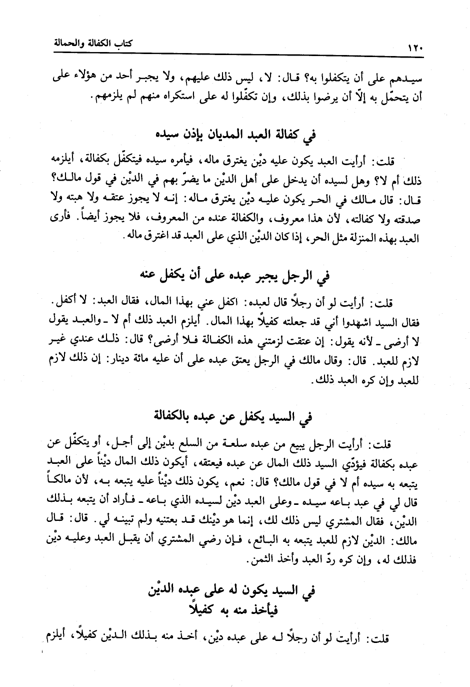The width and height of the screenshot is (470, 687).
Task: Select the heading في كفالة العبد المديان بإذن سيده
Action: (234, 135)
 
